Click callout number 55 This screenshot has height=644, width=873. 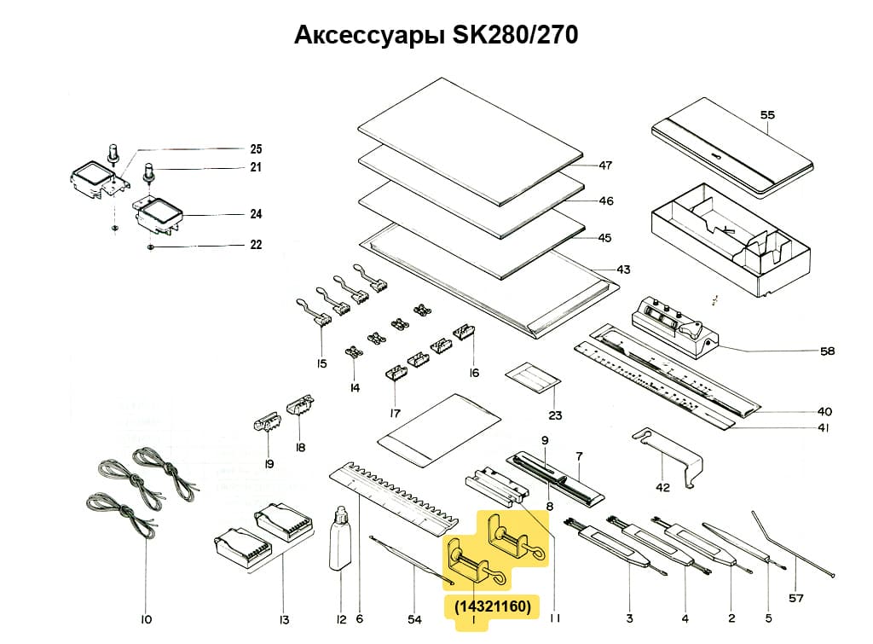click(767, 113)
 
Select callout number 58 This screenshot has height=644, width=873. click(827, 351)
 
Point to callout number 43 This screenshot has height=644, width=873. click(623, 270)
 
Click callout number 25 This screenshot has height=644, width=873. click(256, 148)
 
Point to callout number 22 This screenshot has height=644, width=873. click(256, 245)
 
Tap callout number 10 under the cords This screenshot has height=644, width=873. click(146, 619)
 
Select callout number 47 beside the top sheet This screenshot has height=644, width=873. click(605, 165)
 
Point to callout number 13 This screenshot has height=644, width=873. click(284, 619)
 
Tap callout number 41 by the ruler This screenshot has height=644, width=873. click(824, 428)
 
